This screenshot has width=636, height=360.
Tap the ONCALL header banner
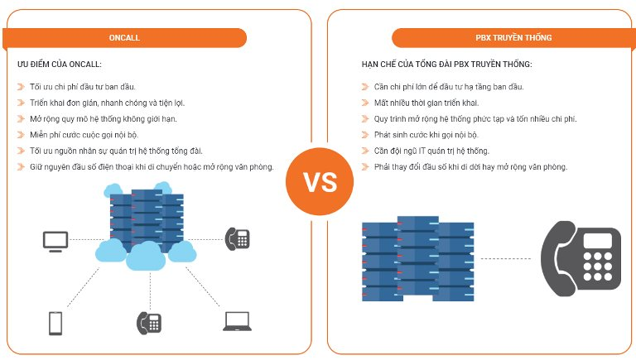[x=123, y=38]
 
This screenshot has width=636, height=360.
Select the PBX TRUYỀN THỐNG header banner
[x=513, y=38]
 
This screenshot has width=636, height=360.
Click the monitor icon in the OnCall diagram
[x=55, y=241]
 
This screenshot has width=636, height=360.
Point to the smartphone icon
[x=55, y=323]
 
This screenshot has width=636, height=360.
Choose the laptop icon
[x=238, y=322]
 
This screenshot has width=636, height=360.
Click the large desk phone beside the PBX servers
[x=581, y=257]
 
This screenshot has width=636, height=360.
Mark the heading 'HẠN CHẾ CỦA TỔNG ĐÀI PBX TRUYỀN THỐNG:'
[x=446, y=64]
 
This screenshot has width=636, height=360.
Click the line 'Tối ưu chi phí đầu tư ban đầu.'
[x=82, y=87]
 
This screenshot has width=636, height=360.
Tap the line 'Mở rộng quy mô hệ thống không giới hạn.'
[x=103, y=118]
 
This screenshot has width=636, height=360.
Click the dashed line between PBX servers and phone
[x=505, y=258]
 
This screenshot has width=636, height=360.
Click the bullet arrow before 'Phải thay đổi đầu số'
[x=365, y=166]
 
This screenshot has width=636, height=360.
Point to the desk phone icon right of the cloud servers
[x=238, y=238]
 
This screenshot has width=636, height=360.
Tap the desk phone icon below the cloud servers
[x=148, y=322]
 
